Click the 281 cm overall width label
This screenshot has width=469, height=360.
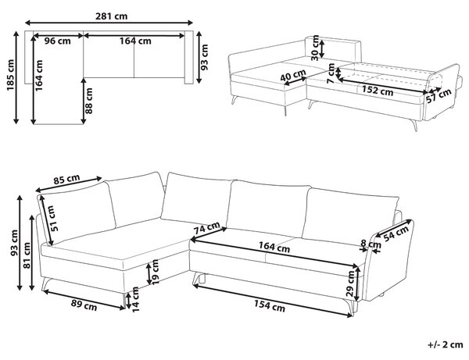pyautogui.click(x=111, y=16)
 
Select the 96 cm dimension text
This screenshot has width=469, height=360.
pyautogui.click(x=57, y=41)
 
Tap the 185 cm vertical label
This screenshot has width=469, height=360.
pyautogui.click(x=10, y=75)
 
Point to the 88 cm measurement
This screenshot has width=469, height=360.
pyautogui.click(x=89, y=101)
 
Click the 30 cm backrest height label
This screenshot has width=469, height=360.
pyautogui.click(x=315, y=48)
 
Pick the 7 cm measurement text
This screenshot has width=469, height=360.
pyautogui.click(x=331, y=73)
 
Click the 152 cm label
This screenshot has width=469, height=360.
pyautogui.click(x=378, y=90)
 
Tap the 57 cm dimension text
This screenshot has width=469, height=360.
pyautogui.click(x=439, y=95)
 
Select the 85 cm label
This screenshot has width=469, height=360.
pyautogui.click(x=66, y=180)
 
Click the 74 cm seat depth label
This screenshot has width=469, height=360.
pyautogui.click(x=206, y=228)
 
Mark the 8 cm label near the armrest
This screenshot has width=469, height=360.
pyautogui.click(x=371, y=244)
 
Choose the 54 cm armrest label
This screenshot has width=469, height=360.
pyautogui.click(x=396, y=233)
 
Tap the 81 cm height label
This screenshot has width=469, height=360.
pyautogui.click(x=27, y=255)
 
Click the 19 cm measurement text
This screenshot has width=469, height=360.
pyautogui.click(x=156, y=272)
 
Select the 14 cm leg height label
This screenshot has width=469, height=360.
pyautogui.click(x=135, y=299)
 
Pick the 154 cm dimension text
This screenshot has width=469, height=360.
pyautogui.click(x=270, y=305)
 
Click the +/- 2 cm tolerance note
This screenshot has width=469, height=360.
pyautogui.click(x=446, y=344)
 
